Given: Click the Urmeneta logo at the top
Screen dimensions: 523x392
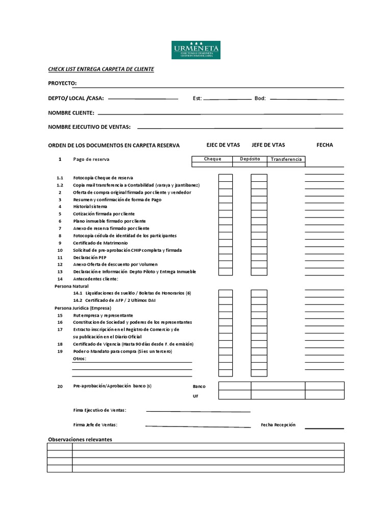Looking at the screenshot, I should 196,49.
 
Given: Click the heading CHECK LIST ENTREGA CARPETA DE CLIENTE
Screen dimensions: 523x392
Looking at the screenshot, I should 101,69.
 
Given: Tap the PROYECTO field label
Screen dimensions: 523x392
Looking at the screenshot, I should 62,83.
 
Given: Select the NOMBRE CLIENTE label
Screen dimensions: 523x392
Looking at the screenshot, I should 71,112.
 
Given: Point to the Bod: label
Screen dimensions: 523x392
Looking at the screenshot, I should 260,98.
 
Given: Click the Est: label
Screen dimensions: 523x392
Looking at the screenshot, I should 197,98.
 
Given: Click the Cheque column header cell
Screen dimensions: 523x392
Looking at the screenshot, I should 212,159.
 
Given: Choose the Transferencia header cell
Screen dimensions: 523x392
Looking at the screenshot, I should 286,159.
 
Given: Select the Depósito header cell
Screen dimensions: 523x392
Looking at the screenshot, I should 250,159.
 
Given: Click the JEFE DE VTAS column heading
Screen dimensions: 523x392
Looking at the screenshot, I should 268,145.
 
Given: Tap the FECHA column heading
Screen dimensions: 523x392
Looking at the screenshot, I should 325,145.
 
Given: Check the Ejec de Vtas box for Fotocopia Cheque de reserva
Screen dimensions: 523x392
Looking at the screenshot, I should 226,178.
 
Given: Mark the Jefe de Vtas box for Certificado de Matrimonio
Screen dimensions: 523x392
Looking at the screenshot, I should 259,243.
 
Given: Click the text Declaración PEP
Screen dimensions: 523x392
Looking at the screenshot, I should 90,257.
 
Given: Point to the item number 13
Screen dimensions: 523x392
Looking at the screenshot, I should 60,272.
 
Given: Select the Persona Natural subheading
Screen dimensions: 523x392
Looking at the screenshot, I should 71,287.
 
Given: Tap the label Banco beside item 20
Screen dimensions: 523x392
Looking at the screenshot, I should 199,387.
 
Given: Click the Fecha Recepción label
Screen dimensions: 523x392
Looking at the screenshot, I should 278,424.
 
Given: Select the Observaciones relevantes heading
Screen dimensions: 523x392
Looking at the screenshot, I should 80,439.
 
